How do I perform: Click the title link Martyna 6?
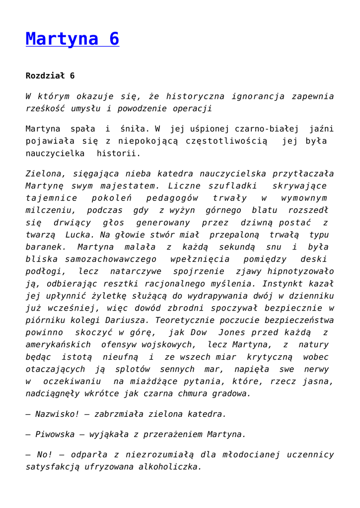72,39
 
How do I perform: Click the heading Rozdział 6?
50,76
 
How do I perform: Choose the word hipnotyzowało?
301,271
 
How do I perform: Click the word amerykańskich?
58,344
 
